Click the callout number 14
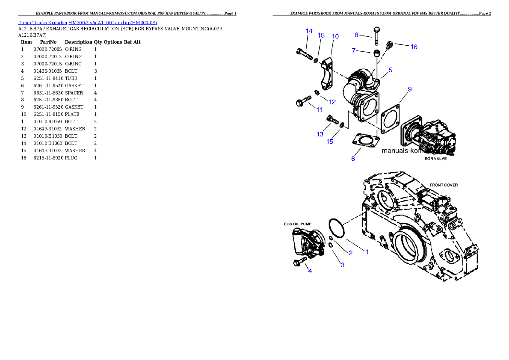(x=309, y=31)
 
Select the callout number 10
(x=335, y=36)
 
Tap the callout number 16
(x=414, y=47)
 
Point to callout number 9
(x=409, y=89)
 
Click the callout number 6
(x=353, y=159)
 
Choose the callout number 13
(x=320, y=134)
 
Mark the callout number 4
(x=310, y=271)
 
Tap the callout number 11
(x=319, y=109)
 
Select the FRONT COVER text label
(x=444, y=185)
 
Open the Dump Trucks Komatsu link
(x=87, y=23)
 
